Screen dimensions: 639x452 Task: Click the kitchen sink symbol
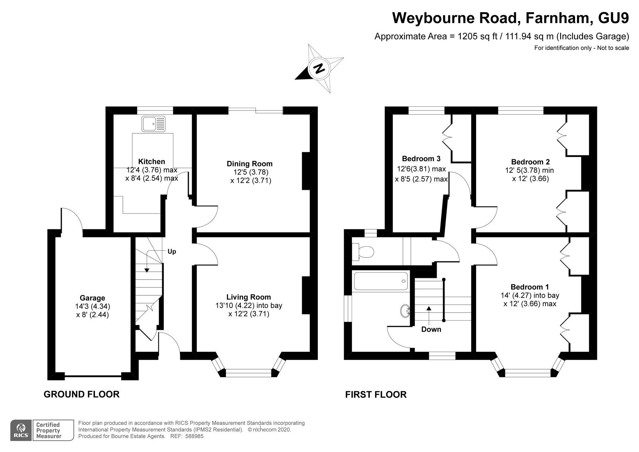tap(153, 124)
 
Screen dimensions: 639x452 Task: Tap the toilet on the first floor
tap(363, 252)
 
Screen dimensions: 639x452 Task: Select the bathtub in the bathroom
tap(381, 281)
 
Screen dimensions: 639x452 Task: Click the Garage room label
tap(92, 298)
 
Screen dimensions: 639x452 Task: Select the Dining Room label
tap(250, 164)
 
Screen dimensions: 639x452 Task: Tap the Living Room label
tap(249, 297)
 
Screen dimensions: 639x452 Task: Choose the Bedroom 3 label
tap(421, 159)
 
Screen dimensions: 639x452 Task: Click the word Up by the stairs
tap(172, 252)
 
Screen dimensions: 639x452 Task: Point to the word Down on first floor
tap(431, 329)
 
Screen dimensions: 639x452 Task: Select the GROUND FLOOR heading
tap(81, 394)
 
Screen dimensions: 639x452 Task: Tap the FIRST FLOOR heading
tap(376, 395)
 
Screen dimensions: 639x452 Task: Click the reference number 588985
tap(194, 436)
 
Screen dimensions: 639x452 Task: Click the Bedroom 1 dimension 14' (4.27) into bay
tap(530, 295)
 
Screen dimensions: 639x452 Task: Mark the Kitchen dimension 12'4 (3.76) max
tap(152, 170)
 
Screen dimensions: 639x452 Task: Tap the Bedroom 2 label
tap(530, 162)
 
